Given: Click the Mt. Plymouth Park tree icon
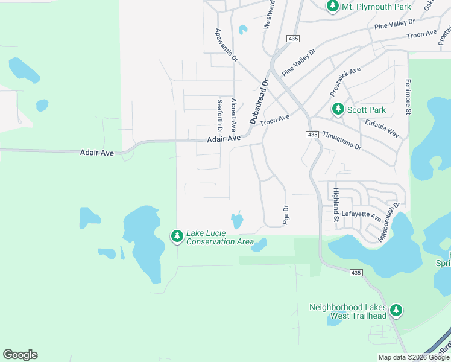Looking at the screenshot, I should click(x=332, y=7).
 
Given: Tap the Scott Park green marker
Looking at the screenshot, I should click(x=338, y=110).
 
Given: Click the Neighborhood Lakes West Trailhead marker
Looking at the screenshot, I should click(x=396, y=311).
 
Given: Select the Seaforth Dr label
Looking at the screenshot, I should click(x=220, y=116).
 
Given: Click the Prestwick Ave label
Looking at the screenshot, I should click(x=345, y=81).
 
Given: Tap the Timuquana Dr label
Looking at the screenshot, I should click(x=341, y=141).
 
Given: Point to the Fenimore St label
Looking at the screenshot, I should click(x=408, y=97).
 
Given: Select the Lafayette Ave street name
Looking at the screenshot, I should click(x=362, y=217).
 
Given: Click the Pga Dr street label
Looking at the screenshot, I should click(x=286, y=215).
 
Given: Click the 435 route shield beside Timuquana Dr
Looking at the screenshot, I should click(x=312, y=134).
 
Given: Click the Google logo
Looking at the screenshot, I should click(x=20, y=355).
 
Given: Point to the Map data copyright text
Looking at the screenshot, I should click(x=413, y=357).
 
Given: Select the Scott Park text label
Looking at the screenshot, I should click(x=367, y=110).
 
